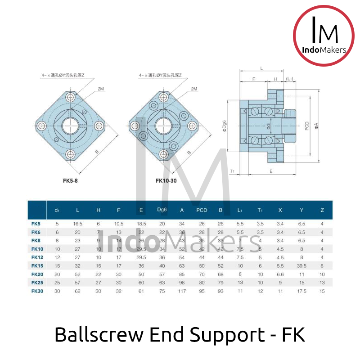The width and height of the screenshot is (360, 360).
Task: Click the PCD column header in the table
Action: tap(202, 210)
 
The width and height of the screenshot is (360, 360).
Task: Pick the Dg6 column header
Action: tap(162, 210)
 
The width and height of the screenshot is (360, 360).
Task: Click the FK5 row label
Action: tap(36, 224)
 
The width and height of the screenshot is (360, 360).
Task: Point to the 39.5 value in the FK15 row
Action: tap(301, 266)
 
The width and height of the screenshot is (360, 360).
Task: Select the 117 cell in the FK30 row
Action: tap(182, 291)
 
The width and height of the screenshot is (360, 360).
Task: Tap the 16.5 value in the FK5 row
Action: tap(77, 224)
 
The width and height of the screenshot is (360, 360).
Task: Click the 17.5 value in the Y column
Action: tap(301, 291)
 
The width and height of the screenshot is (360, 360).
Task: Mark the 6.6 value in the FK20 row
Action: tap(280, 274)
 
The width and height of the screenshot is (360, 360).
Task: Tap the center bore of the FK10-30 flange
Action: tap(162, 125)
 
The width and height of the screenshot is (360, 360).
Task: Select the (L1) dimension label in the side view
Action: tap(289, 79)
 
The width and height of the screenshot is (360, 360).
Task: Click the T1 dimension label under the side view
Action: tap(232, 171)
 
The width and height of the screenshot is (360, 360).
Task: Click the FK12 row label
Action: tap(37, 257)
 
